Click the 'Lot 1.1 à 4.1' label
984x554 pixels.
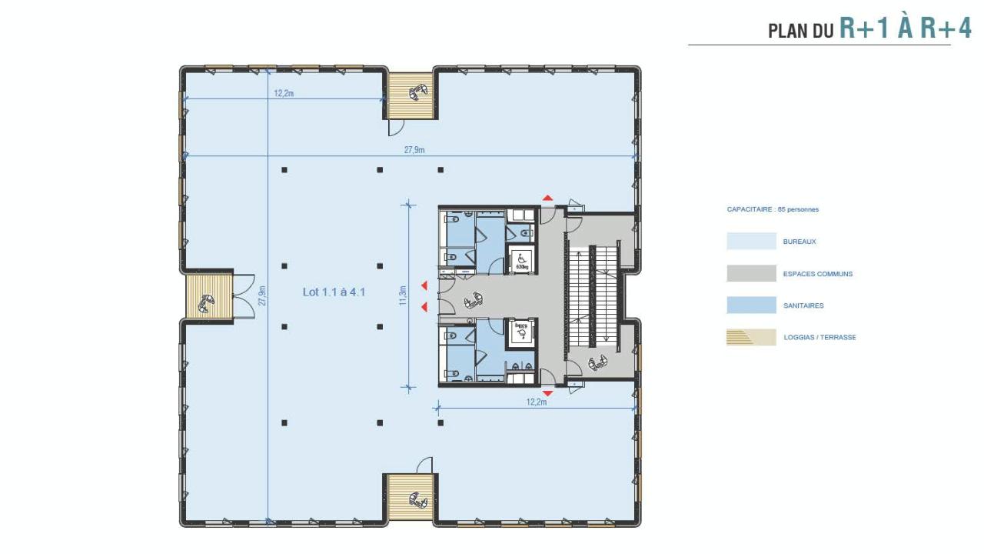334,292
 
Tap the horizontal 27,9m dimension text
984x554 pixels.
414,150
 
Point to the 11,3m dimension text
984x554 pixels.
402,295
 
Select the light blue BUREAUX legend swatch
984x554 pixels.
751,242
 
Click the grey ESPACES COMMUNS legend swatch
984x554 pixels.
751,273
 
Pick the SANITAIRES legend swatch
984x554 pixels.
751,305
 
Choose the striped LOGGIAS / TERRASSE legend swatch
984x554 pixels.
751,337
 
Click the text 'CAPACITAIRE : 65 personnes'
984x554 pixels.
773,209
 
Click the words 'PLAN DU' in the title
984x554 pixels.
801,32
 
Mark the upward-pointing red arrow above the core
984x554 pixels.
547,198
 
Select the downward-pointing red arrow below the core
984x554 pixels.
547,392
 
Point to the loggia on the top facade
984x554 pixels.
411,96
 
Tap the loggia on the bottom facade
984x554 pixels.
411,497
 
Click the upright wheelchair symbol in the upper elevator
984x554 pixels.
522,258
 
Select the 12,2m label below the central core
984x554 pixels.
537,402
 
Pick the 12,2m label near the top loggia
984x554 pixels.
284,93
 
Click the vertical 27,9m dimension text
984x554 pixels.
262,295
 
